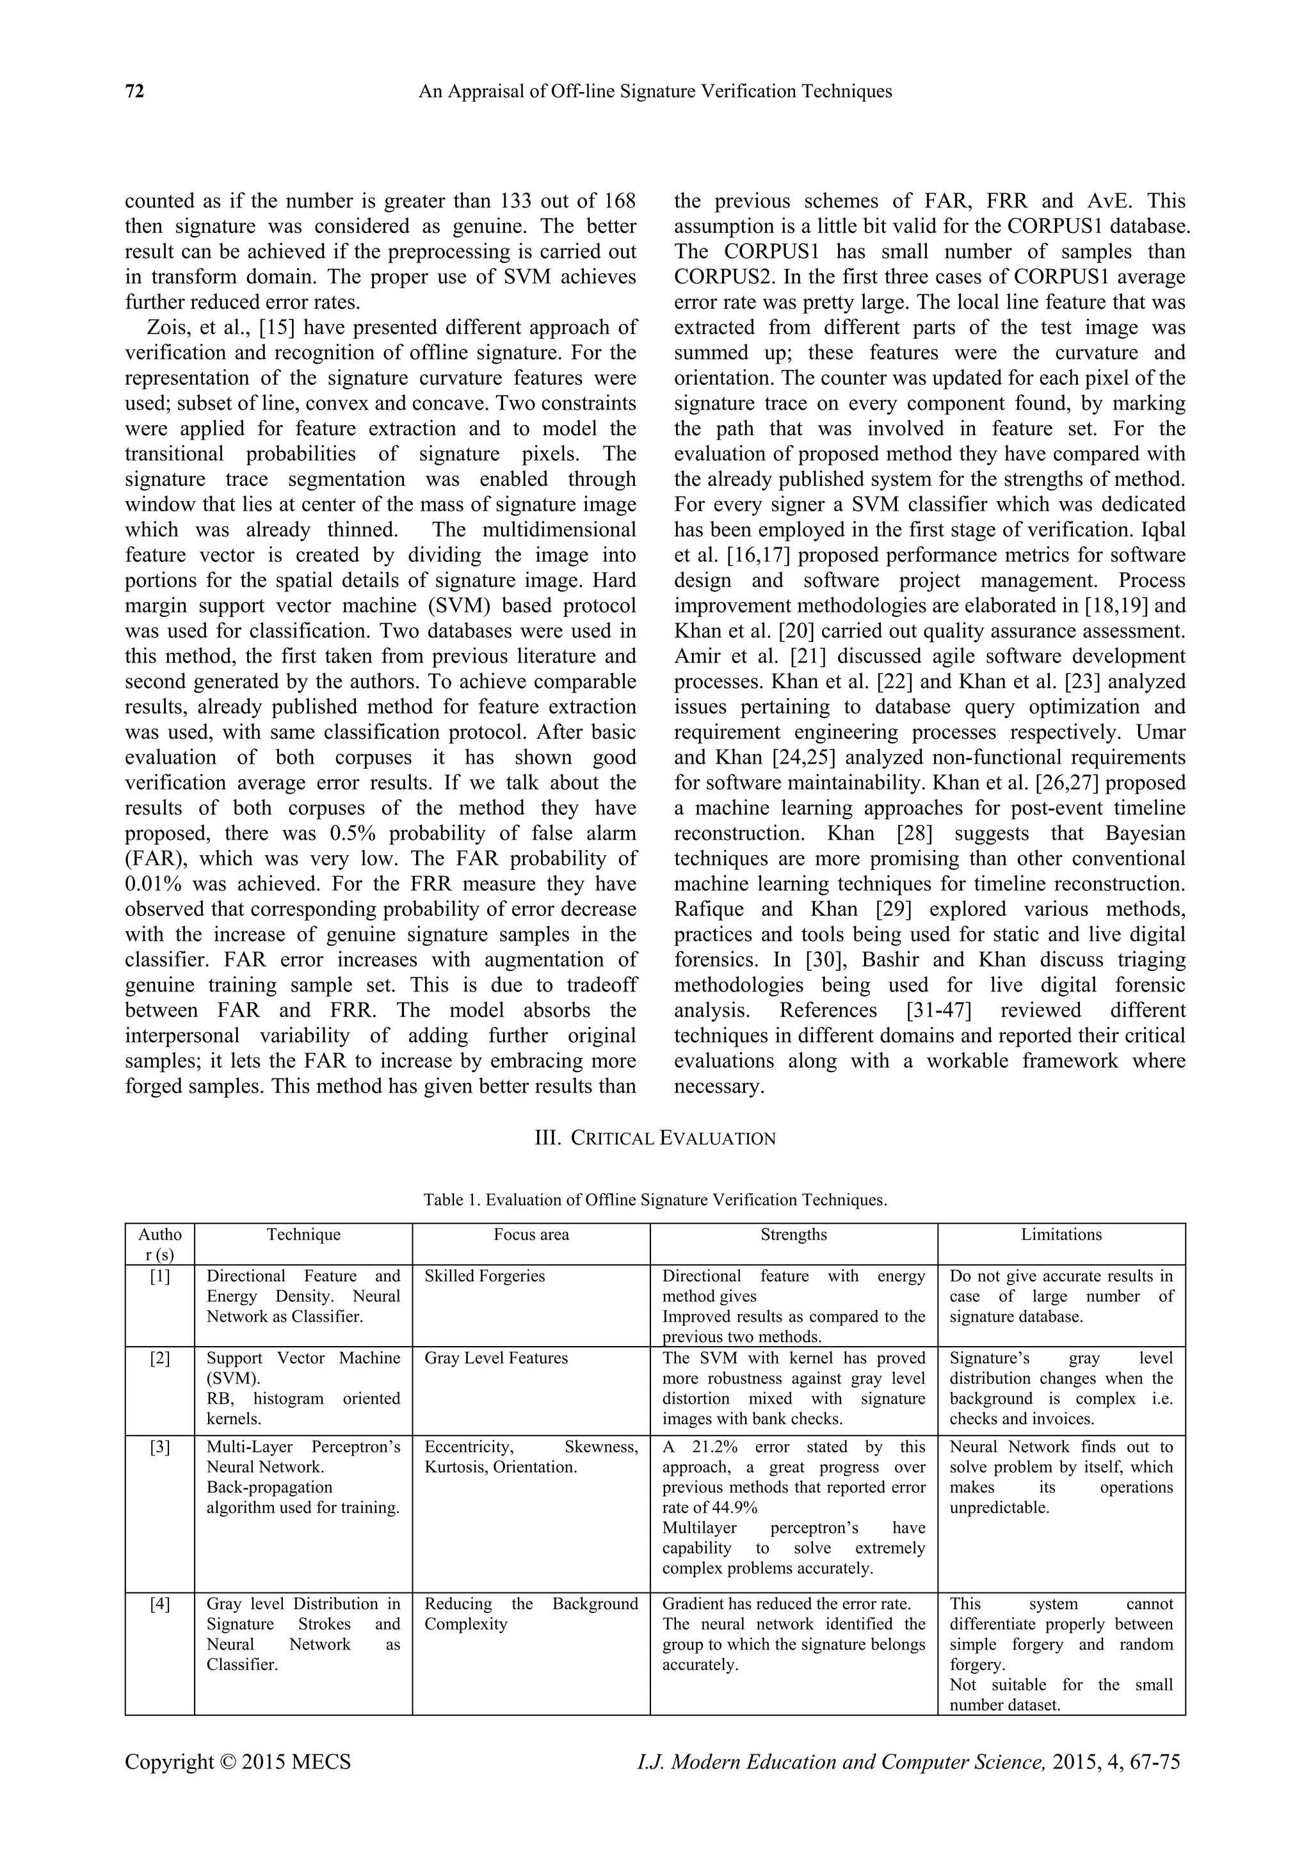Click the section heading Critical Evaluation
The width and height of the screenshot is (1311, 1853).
coord(655,1138)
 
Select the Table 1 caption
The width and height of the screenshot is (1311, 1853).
coord(655,1200)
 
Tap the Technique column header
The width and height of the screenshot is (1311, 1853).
coord(303,1235)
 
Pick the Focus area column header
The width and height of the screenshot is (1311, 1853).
coord(531,1235)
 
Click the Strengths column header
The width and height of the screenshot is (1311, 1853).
coord(794,1235)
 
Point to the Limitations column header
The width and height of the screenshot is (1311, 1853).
coord(1061,1235)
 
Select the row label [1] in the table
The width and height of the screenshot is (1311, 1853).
coord(160,1276)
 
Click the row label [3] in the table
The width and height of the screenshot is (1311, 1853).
coord(160,1447)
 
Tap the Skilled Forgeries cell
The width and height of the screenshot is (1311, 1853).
coord(485,1276)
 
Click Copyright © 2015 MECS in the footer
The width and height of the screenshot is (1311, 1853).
coord(238,1763)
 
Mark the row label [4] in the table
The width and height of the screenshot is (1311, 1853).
coord(160,1603)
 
